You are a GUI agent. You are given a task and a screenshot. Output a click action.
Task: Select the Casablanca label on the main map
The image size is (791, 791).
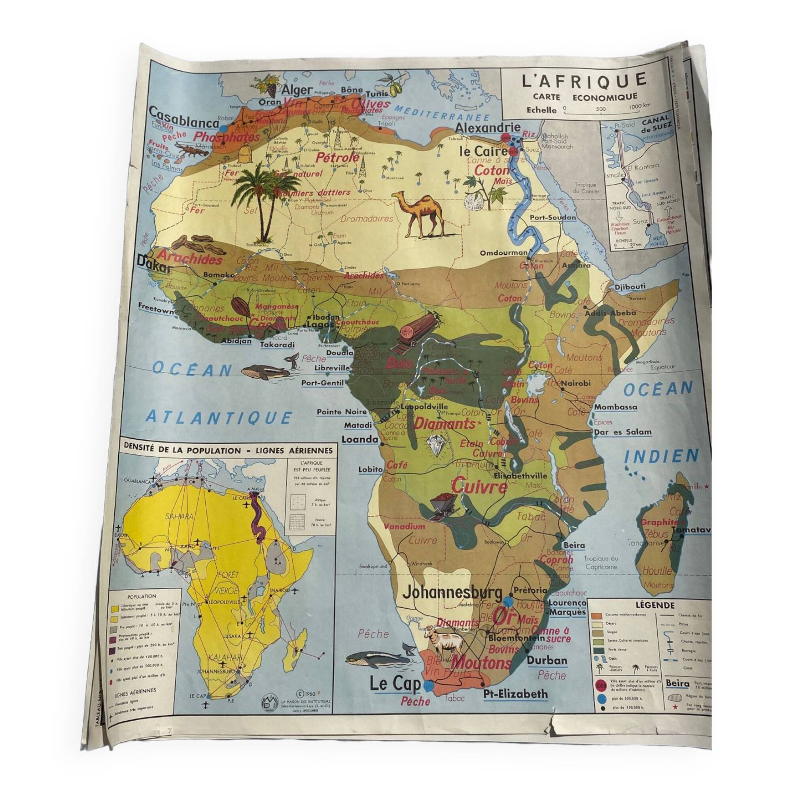(184, 118)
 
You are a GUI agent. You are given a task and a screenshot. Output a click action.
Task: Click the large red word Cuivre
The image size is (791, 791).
(479, 487)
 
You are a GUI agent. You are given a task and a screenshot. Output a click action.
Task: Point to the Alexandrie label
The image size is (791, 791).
(488, 128)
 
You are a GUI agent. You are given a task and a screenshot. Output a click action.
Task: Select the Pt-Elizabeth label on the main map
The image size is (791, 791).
(515, 694)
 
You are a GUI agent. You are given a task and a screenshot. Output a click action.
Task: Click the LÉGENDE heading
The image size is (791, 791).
(655, 605)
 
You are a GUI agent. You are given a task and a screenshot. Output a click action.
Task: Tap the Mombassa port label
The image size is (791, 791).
(615, 407)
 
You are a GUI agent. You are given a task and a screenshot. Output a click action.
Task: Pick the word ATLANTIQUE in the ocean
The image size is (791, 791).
(219, 418)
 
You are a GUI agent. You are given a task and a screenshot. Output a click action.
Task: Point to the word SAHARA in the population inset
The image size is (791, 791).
(179, 516)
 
